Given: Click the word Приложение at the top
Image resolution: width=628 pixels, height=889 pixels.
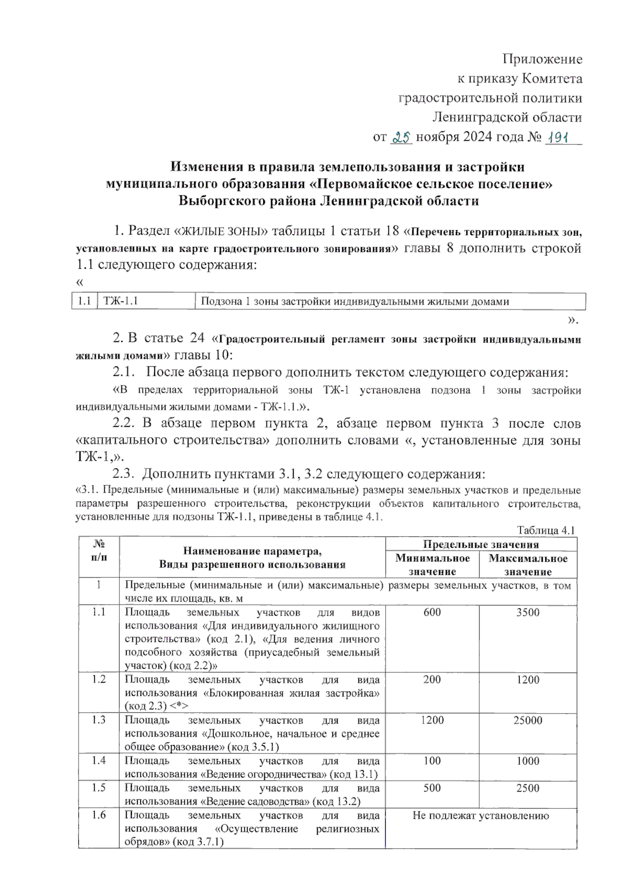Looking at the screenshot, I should coord(542,59).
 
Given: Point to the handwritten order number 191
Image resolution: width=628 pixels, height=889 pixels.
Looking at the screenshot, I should coord(559,137).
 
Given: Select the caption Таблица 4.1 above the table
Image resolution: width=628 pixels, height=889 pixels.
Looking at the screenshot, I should coord(546,530).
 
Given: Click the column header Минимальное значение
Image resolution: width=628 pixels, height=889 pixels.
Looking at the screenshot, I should coord(432,564).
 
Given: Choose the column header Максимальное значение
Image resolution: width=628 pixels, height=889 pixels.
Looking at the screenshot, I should coord(528,564).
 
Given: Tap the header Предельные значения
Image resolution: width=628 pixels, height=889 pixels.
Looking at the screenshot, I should coord(480,544).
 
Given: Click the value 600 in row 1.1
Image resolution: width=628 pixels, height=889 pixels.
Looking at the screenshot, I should coord(432,612).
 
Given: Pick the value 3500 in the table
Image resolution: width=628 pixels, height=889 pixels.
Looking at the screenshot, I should coord(528,612).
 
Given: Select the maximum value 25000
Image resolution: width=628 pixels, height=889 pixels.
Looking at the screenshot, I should coord(528,720).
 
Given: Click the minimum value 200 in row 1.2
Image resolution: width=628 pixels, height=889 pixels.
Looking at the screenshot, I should coord(432,680).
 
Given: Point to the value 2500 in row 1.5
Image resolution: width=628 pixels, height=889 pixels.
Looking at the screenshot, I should coord(528,788).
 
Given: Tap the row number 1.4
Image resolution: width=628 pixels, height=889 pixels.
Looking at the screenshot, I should coord(99,760).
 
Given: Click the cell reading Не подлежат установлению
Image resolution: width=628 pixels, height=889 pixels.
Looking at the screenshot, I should coord(480,815).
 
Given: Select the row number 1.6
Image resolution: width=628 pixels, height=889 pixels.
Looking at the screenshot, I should coord(99,815).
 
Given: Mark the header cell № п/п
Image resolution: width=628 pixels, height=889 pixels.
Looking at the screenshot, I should coord(99,551).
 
